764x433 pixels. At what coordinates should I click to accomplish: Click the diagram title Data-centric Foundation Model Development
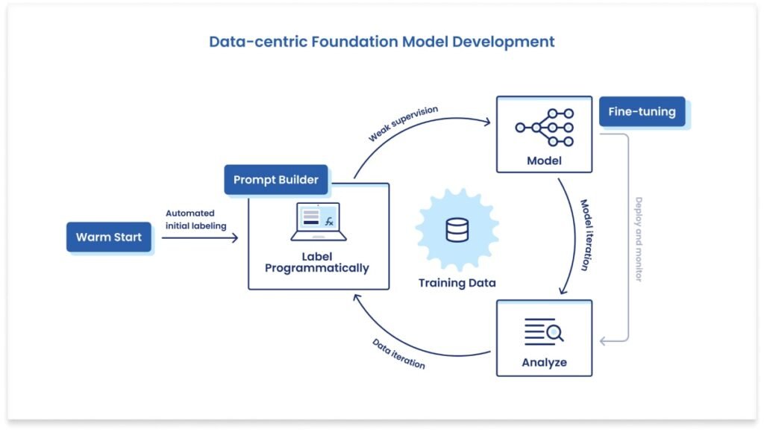(381, 42)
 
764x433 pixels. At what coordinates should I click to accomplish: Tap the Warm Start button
(109, 237)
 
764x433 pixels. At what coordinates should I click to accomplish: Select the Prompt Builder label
(276, 180)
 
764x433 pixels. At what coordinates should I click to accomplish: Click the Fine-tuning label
(642, 112)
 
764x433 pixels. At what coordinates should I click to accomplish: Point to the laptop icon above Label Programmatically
(318, 222)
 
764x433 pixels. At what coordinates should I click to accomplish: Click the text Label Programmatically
(317, 262)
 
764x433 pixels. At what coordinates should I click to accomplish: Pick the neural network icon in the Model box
(545, 128)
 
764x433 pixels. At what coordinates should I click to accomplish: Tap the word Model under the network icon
(544, 161)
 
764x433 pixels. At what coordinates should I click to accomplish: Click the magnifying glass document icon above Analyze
(544, 330)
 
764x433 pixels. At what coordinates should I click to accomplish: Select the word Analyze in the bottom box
(544, 363)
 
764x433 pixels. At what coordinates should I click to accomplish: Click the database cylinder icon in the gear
(457, 231)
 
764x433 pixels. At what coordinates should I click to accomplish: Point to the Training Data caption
(457, 283)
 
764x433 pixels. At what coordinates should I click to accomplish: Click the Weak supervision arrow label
(403, 124)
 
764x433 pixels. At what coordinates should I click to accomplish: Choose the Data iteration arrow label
(399, 354)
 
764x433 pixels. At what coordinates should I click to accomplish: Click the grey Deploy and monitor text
(638, 239)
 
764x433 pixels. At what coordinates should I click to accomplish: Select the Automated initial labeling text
(195, 219)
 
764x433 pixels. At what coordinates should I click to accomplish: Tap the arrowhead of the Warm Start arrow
(234, 237)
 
